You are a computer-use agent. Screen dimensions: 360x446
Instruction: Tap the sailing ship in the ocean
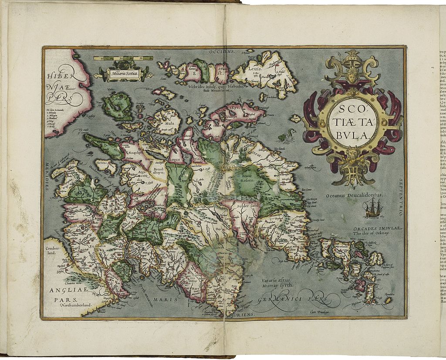pos(373,209)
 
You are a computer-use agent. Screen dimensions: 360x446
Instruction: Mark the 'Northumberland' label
pos(76,305)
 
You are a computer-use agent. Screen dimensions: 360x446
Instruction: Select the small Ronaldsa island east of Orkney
pos(388,300)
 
